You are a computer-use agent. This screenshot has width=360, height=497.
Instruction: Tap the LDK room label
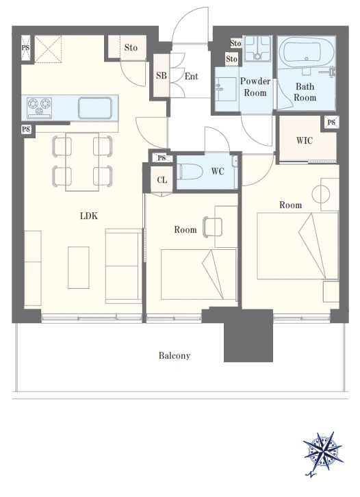coord(89,216)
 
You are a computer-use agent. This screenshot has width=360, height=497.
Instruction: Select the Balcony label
coord(175,355)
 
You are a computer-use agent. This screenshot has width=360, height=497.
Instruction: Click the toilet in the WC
coord(191,171)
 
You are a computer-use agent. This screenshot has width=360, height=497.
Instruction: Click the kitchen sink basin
coord(95,107)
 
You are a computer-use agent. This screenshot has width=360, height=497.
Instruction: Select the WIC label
coord(305,140)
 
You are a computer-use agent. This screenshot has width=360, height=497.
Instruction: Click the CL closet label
coord(162,180)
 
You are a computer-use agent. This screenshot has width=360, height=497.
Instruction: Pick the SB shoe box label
coord(162,76)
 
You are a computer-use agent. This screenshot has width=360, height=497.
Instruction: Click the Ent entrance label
coord(192,77)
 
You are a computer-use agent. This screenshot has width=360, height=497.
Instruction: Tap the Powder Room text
coord(255,87)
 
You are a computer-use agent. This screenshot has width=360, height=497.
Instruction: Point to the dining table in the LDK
coord(82,162)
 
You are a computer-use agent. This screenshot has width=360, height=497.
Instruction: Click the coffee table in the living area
coord(79,268)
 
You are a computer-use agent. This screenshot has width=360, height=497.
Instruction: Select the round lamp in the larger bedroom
coord(321,194)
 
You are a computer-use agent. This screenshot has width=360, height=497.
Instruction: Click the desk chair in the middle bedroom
coord(212,227)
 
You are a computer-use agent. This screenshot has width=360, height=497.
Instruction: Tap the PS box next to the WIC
coord(331,122)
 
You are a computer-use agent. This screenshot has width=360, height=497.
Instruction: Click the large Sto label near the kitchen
coord(131,48)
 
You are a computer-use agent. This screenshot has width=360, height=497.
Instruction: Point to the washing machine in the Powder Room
coord(258,47)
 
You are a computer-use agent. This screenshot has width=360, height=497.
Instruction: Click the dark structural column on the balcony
coord(248,335)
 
